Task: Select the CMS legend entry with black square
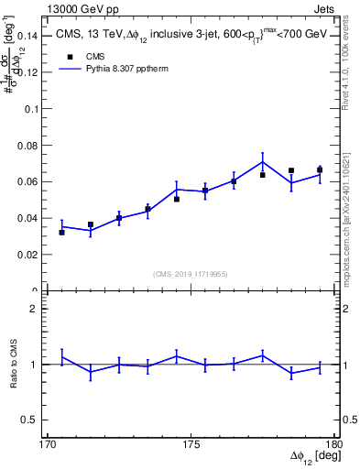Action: click(83, 57)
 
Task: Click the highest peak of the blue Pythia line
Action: click(263, 162)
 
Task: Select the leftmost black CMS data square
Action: click(61, 233)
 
